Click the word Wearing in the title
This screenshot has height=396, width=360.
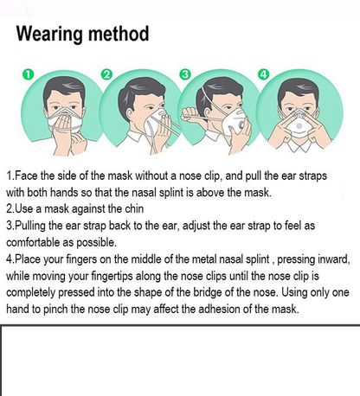(50, 35)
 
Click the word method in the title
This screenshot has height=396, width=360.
(119, 34)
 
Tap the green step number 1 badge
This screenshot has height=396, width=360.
(28, 74)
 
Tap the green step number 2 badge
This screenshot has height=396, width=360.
(106, 74)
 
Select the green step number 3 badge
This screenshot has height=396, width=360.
(185, 74)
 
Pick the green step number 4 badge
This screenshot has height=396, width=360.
(263, 74)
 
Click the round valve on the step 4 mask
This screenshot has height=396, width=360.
(299, 126)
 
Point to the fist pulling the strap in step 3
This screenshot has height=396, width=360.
(190, 115)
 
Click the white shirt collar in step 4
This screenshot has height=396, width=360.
(299, 145)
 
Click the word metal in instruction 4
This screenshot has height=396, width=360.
(204, 259)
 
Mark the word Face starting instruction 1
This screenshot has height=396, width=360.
(26, 176)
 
